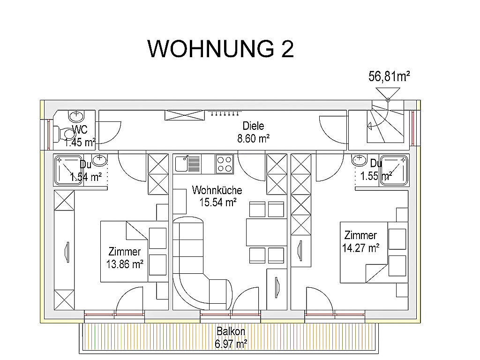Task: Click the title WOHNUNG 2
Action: [x=220, y=49]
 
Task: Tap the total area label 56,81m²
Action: [x=389, y=76]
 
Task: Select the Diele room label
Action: [x=253, y=126]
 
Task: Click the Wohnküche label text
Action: [x=217, y=190]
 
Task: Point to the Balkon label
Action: [x=231, y=331]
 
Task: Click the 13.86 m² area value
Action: [x=125, y=264]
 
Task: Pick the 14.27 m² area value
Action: [x=361, y=247]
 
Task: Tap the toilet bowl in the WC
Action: [x=65, y=134]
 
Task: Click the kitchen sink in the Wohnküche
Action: [x=187, y=164]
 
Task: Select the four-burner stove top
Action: [x=225, y=164]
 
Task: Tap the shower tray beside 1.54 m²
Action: [x=68, y=171]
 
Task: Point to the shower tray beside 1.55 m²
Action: [x=394, y=171]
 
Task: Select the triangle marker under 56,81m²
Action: [x=388, y=93]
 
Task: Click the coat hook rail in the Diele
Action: [x=225, y=113]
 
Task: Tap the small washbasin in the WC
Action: [x=76, y=116]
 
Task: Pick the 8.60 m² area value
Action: [x=254, y=139]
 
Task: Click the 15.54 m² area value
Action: [x=218, y=202]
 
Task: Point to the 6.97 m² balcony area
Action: [x=231, y=344]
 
